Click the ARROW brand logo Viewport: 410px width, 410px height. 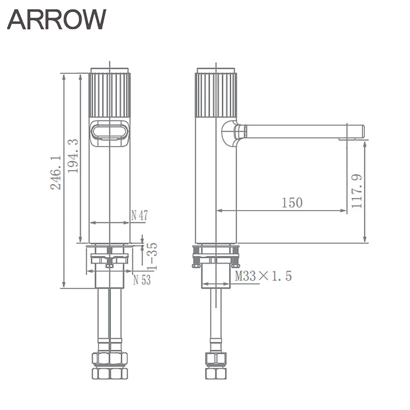tap(57, 19)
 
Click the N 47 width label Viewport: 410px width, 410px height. tap(139, 215)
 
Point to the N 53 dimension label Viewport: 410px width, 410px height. tap(142, 280)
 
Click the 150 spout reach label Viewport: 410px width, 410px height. tap(292, 202)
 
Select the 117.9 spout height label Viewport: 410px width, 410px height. tap(357, 191)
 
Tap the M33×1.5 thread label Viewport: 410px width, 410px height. tap(263, 277)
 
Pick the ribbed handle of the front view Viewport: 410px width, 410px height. tap(110, 95)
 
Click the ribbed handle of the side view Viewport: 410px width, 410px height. tap(216, 95)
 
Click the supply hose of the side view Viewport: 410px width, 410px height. tap(216, 318)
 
